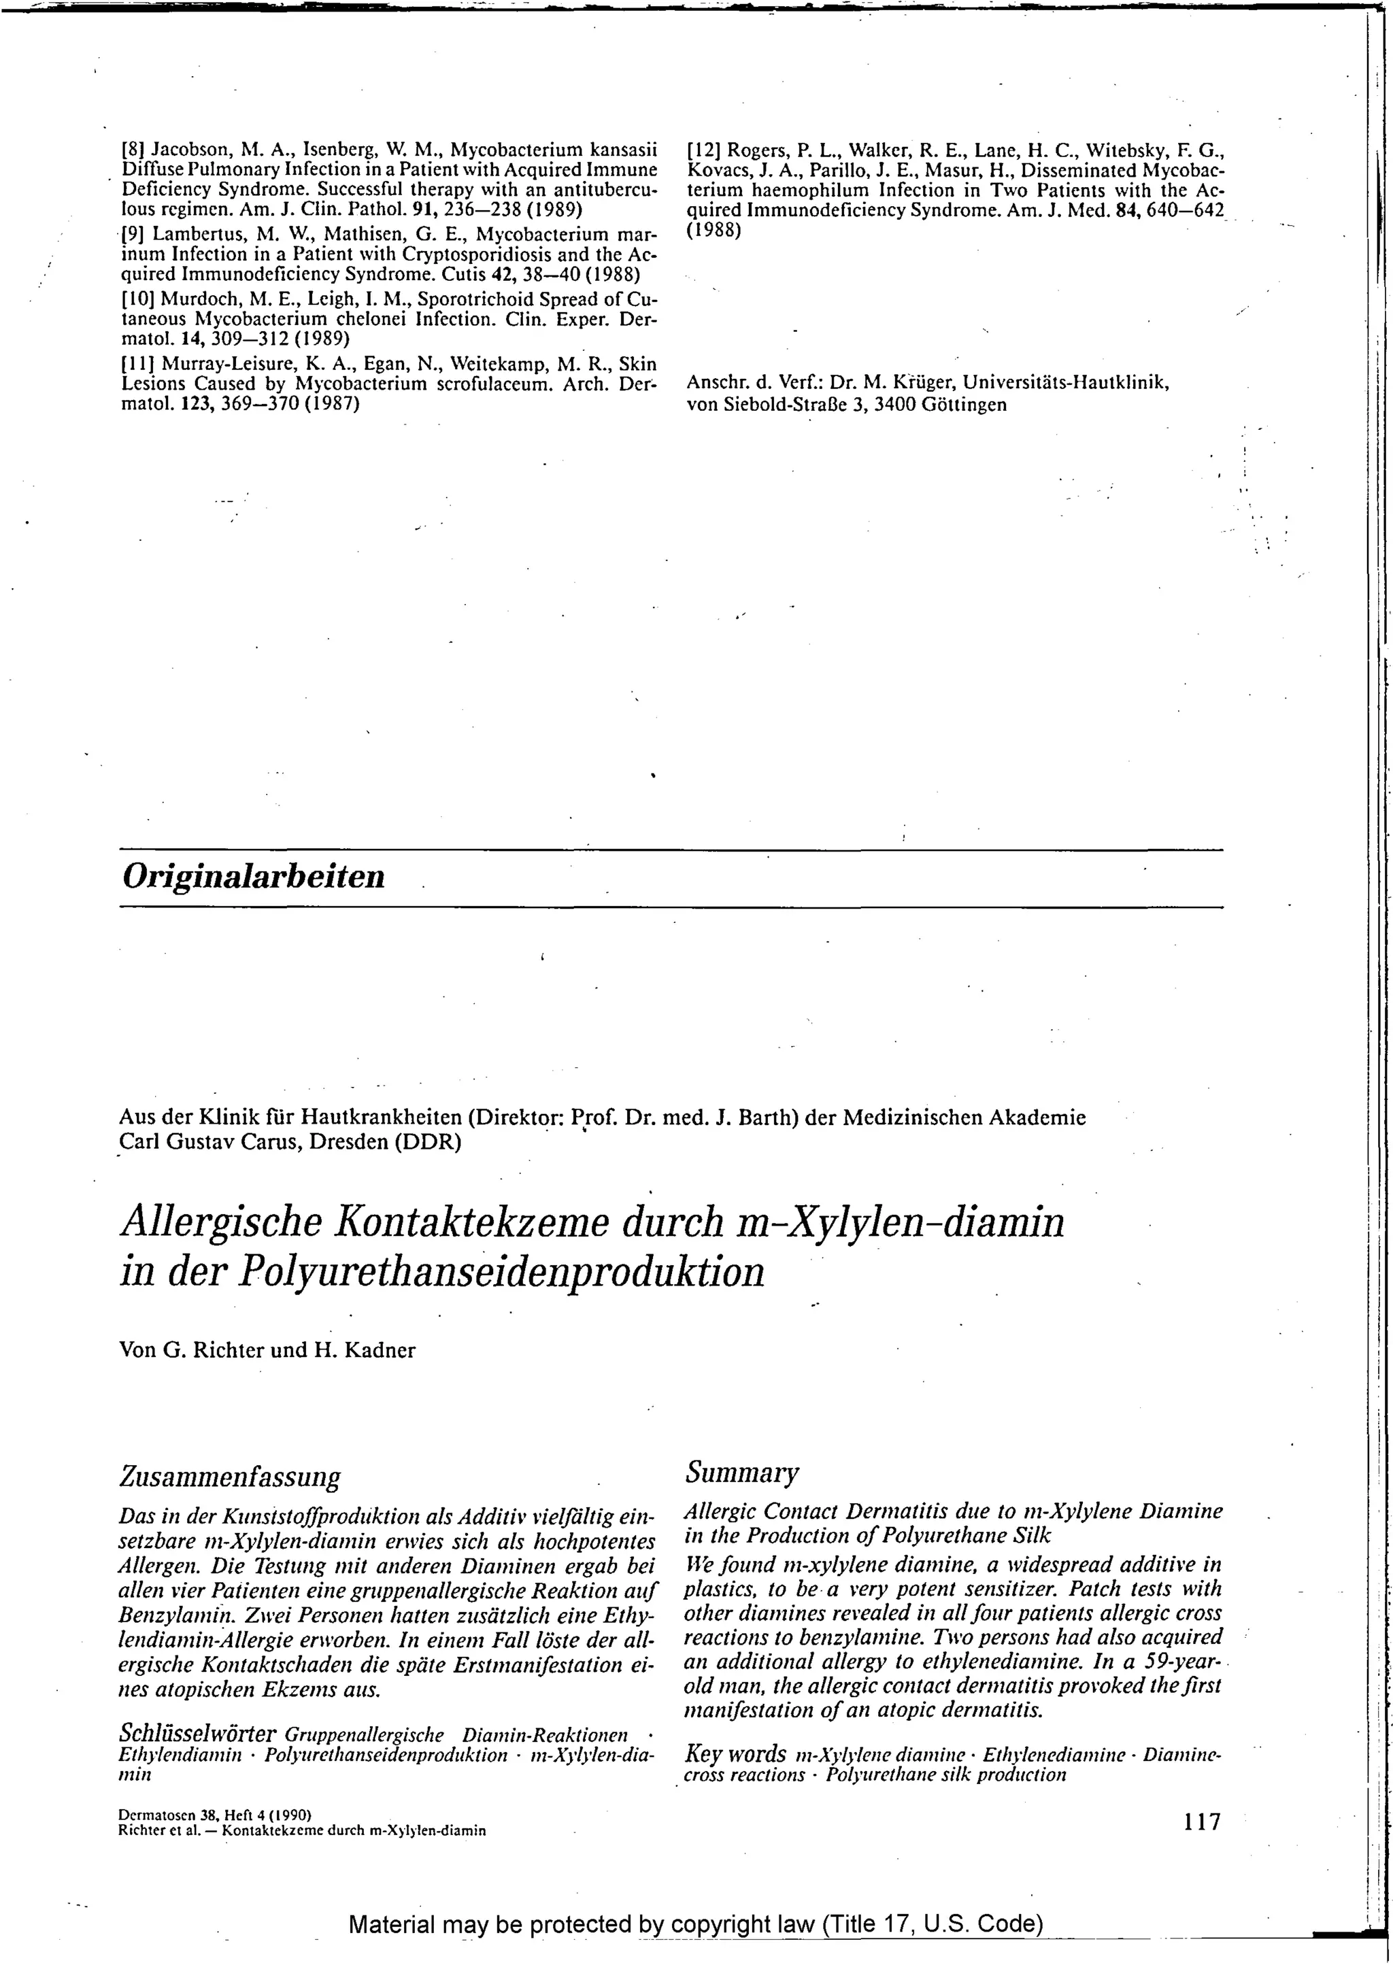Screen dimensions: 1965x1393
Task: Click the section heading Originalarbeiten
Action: coord(254,877)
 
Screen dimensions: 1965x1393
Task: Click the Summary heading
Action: coord(743,1472)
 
